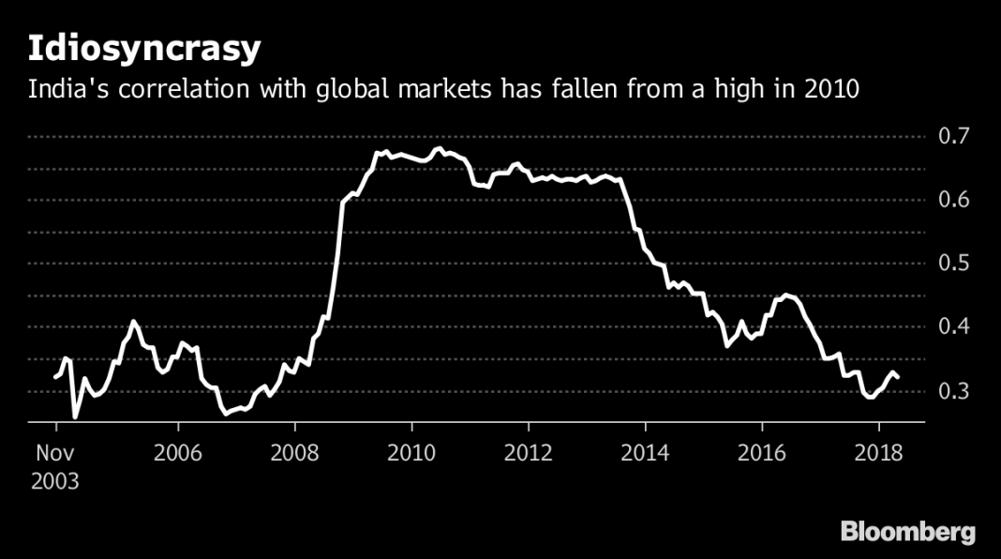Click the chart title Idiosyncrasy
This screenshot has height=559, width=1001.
pyautogui.click(x=143, y=49)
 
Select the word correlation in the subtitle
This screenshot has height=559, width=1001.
pyautogui.click(x=167, y=90)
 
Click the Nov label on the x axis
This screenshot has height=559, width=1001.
pyautogui.click(x=56, y=454)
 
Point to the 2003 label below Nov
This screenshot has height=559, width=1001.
pyautogui.click(x=56, y=482)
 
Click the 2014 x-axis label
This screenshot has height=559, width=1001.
pyautogui.click(x=647, y=454)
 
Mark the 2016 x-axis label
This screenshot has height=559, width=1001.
pyautogui.click(x=763, y=454)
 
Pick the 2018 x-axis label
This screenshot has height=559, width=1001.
pyautogui.click(x=880, y=454)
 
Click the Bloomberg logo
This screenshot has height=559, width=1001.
pyautogui.click(x=907, y=532)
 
